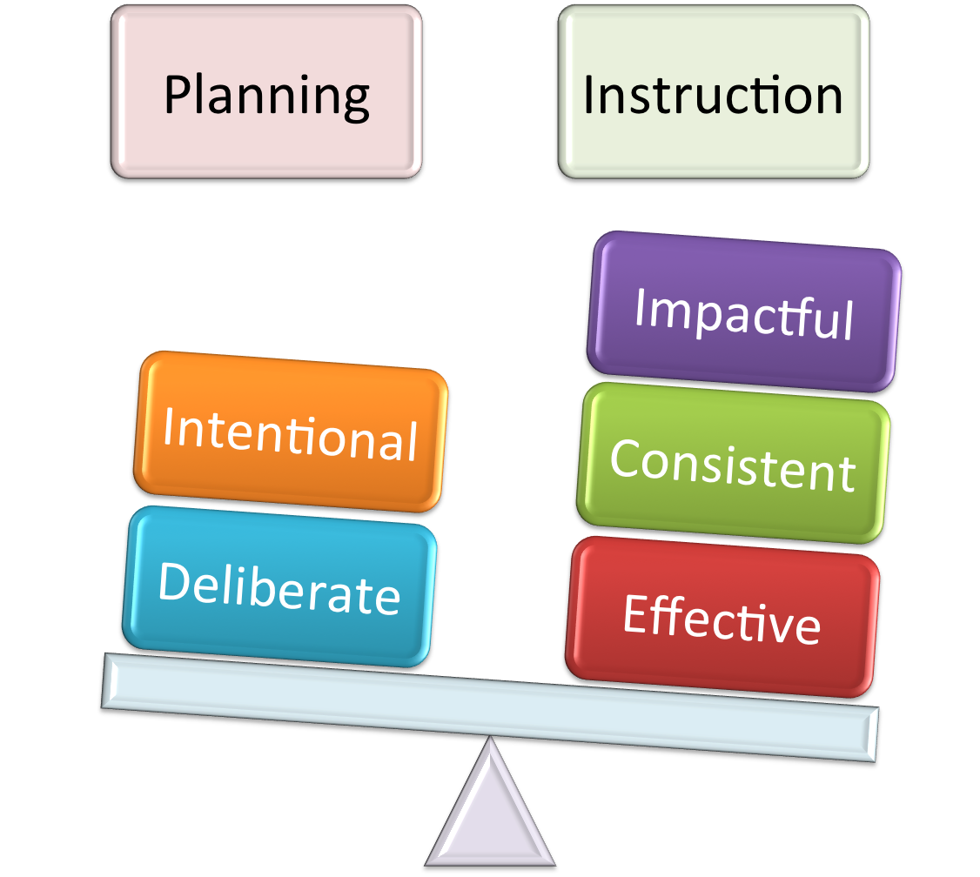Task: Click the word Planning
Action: coord(266,96)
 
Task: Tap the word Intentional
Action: coord(291,435)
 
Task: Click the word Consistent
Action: coord(733,465)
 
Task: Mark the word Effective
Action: coord(722,619)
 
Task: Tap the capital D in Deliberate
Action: coord(173,581)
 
